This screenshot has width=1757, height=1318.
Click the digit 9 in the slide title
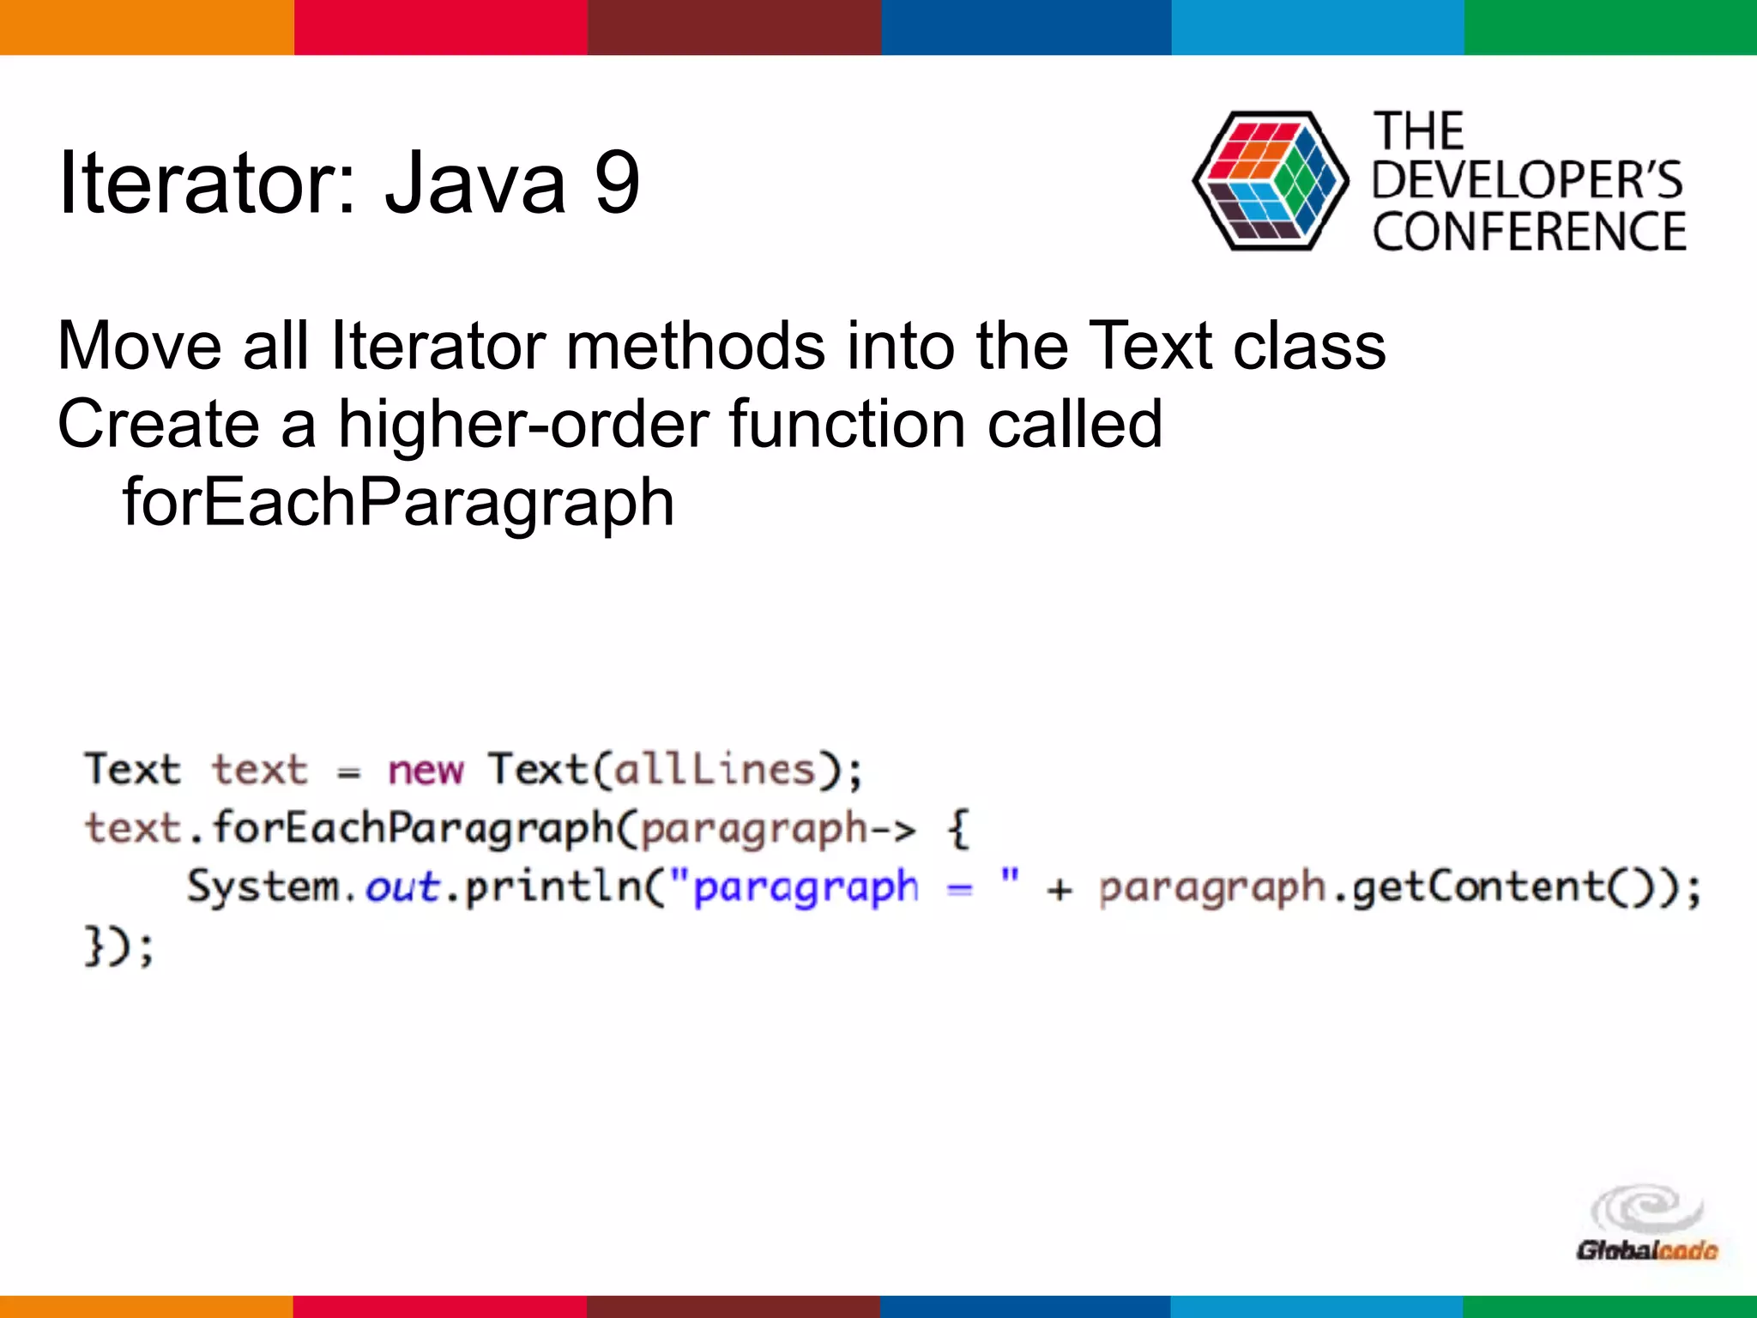pyautogui.click(x=617, y=182)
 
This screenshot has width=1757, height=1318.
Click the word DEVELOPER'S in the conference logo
pyautogui.click(x=1527, y=180)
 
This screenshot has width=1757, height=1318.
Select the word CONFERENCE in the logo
pyautogui.click(x=1529, y=232)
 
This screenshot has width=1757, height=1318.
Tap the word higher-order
pyautogui.click(x=523, y=424)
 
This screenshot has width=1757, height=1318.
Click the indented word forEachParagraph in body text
pyautogui.click(x=398, y=502)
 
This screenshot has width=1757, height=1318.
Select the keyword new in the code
pyautogui.click(x=425, y=770)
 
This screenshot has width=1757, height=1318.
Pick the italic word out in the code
pyautogui.click(x=402, y=887)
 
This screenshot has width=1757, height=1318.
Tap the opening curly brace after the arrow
pyautogui.click(x=959, y=830)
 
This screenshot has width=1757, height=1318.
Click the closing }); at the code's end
pyautogui.click(x=118, y=946)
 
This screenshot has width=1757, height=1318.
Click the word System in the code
pyautogui.click(x=263, y=887)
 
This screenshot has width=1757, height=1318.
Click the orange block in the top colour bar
pyautogui.click(x=146, y=27)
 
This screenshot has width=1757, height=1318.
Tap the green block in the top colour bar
pyautogui.click(x=1610, y=27)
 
